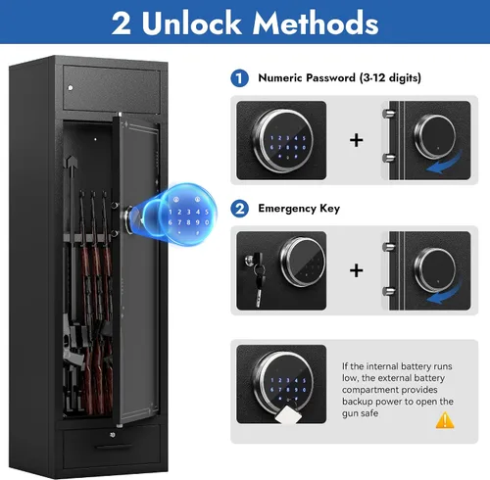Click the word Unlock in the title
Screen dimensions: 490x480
pos(191,23)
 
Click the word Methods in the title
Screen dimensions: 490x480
pos(316,23)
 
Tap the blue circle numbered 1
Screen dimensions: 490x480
pos(239,78)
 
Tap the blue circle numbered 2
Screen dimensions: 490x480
pos(239,209)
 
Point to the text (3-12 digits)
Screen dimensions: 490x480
pos(390,77)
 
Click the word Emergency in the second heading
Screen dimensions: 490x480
pos(287,209)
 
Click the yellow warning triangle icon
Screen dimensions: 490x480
pos(445,420)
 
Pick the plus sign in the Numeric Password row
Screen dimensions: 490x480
pos(356,140)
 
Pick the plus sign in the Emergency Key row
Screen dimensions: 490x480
pos(356,270)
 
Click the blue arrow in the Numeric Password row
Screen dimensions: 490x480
pos(445,164)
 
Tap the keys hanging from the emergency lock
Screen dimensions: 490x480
pos(258,281)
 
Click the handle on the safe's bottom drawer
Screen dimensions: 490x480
pos(114,447)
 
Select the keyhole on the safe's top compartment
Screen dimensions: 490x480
pos(71,87)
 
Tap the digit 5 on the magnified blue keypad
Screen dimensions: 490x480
pos(207,212)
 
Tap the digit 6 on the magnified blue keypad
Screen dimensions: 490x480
pos(171,222)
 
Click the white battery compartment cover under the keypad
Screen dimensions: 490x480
pos(286,414)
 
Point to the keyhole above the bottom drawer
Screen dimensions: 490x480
pos(113,435)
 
